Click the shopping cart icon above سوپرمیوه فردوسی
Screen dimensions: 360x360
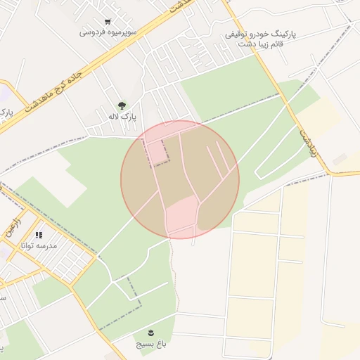107,22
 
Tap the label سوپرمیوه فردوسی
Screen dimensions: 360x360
108,32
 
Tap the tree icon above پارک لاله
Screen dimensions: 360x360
122,105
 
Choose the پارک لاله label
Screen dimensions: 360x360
122,116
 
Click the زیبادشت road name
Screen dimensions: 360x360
307,141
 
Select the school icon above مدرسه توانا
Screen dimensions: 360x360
39,235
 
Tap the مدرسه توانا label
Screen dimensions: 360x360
40,246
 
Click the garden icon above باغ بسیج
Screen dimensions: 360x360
151,333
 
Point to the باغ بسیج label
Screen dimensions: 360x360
152,345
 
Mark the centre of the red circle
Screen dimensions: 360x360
180,179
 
